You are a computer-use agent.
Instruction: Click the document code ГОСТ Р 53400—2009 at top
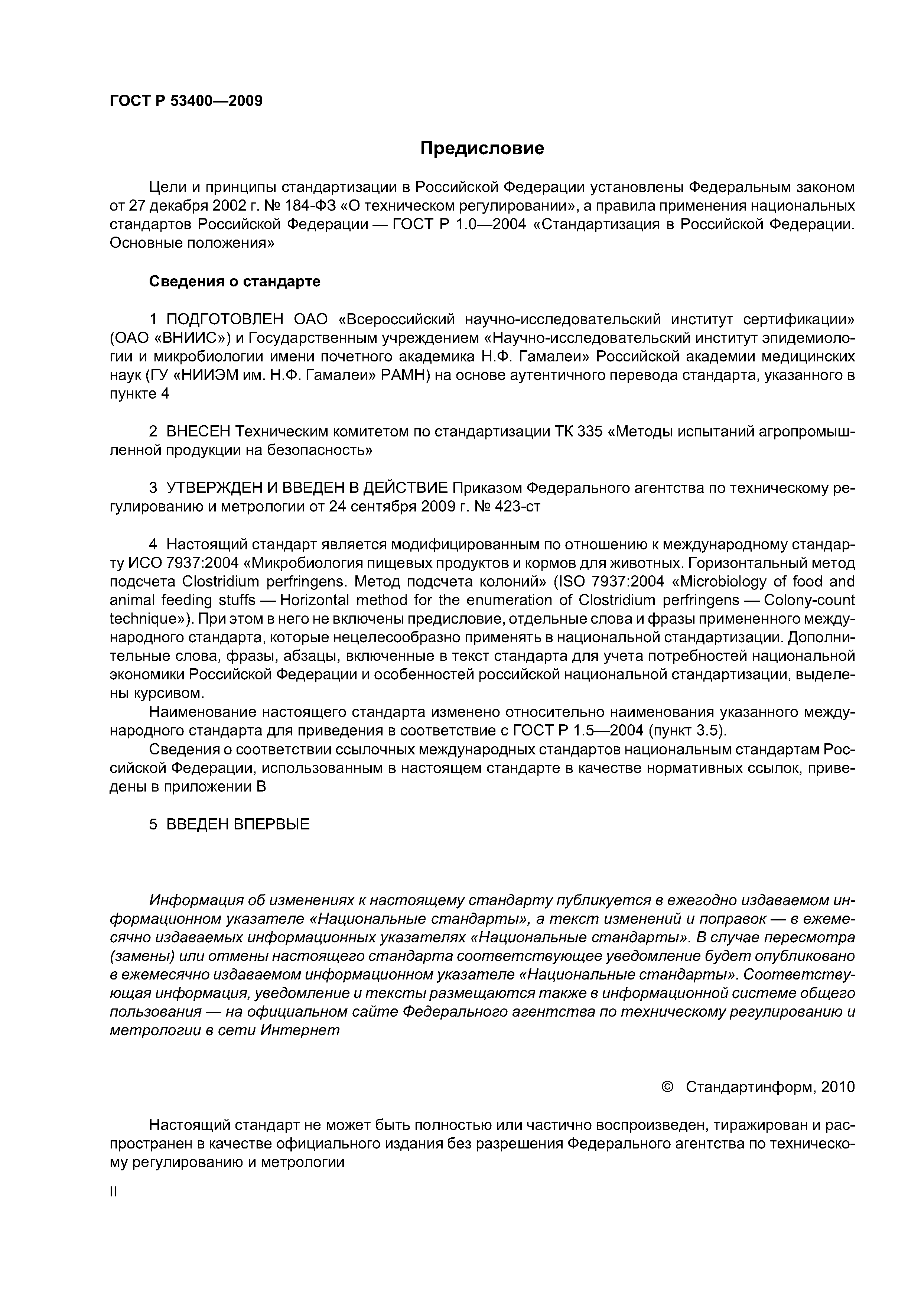[x=186, y=101]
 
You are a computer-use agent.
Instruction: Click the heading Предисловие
[x=482, y=149]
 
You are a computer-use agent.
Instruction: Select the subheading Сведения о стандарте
[x=234, y=282]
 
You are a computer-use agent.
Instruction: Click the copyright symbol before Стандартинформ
[x=667, y=1087]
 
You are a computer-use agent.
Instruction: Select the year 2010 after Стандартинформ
[x=837, y=1087]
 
